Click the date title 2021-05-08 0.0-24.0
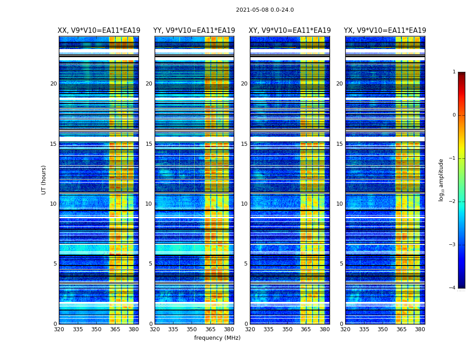coord(265,10)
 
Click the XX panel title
coord(99,31)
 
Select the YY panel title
coord(194,31)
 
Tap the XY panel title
coord(290,31)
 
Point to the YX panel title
coord(385,31)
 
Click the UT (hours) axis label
coord(44,180)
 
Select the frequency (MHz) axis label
coord(217,338)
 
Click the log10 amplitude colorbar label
coord(441,180)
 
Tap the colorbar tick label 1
coord(454,72)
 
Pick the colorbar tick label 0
coord(454,115)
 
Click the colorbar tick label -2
coord(453,202)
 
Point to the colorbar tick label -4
coord(453,288)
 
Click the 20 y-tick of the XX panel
coord(53,84)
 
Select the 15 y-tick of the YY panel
coord(149,144)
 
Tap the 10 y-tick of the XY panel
coord(244,204)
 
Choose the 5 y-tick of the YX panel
coord(341,264)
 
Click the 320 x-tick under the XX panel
coord(59,329)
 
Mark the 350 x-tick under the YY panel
coord(192,329)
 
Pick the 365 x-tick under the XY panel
coord(306,329)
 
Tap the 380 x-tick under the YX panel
coord(420,329)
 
